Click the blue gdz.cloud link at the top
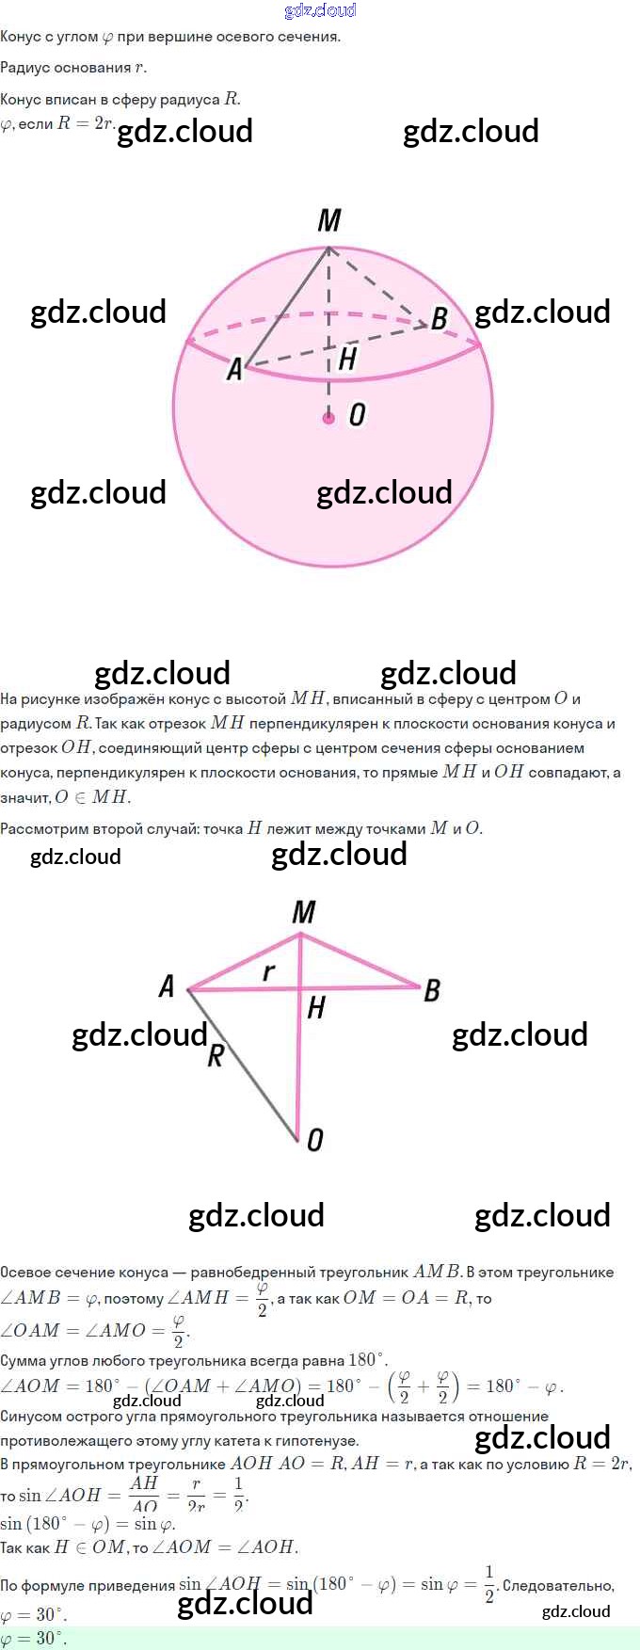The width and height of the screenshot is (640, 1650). pyautogui.click(x=320, y=10)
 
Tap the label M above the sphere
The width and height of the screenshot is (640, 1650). pyautogui.click(x=328, y=221)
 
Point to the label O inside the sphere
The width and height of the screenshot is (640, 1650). pyautogui.click(x=357, y=415)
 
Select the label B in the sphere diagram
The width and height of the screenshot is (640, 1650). pyautogui.click(x=439, y=318)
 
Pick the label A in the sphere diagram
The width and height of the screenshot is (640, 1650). pyautogui.click(x=234, y=370)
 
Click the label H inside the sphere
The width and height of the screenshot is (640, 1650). pyautogui.click(x=347, y=358)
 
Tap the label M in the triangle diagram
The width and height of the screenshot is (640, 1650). pyautogui.click(x=303, y=912)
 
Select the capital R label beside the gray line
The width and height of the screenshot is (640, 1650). pyautogui.click(x=216, y=1056)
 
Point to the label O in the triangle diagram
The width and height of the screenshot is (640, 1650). pyautogui.click(x=315, y=1140)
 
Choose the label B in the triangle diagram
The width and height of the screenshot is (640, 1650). pyautogui.click(x=432, y=990)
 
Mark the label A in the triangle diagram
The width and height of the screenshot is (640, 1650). pyautogui.click(x=167, y=985)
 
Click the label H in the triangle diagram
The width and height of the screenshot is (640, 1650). pyautogui.click(x=315, y=1008)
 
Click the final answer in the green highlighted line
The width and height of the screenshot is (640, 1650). pyautogui.click(x=34, y=1638)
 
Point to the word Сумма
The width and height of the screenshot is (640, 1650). pyautogui.click(x=24, y=1360)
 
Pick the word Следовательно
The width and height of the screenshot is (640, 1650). pyautogui.click(x=557, y=1585)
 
